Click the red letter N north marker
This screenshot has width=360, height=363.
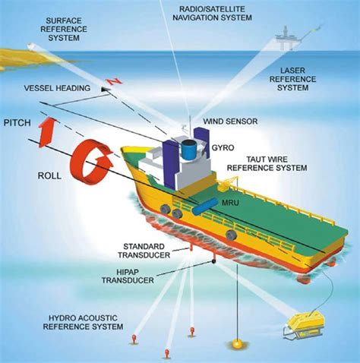point(115,81)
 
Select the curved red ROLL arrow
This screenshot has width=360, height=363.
point(90,162)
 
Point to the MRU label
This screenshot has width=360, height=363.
point(230,203)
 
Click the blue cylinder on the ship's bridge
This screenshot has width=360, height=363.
point(189,150)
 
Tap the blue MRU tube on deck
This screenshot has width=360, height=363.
point(205,207)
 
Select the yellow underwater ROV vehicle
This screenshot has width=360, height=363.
point(305,325)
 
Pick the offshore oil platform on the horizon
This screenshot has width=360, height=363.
point(287,38)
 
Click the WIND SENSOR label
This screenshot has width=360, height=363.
point(230,122)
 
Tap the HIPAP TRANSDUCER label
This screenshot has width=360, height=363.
point(128,276)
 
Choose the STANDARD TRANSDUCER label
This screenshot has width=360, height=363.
point(144,251)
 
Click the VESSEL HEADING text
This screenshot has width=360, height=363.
point(57,88)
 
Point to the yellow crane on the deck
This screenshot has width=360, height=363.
point(227,183)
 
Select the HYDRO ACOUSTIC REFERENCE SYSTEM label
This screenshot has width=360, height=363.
point(83,322)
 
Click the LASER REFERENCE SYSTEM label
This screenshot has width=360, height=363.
point(292,79)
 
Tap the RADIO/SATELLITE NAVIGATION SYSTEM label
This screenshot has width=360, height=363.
point(212,14)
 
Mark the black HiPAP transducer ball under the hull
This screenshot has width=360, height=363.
point(213,261)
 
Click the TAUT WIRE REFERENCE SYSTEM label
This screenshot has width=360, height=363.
point(267,163)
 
